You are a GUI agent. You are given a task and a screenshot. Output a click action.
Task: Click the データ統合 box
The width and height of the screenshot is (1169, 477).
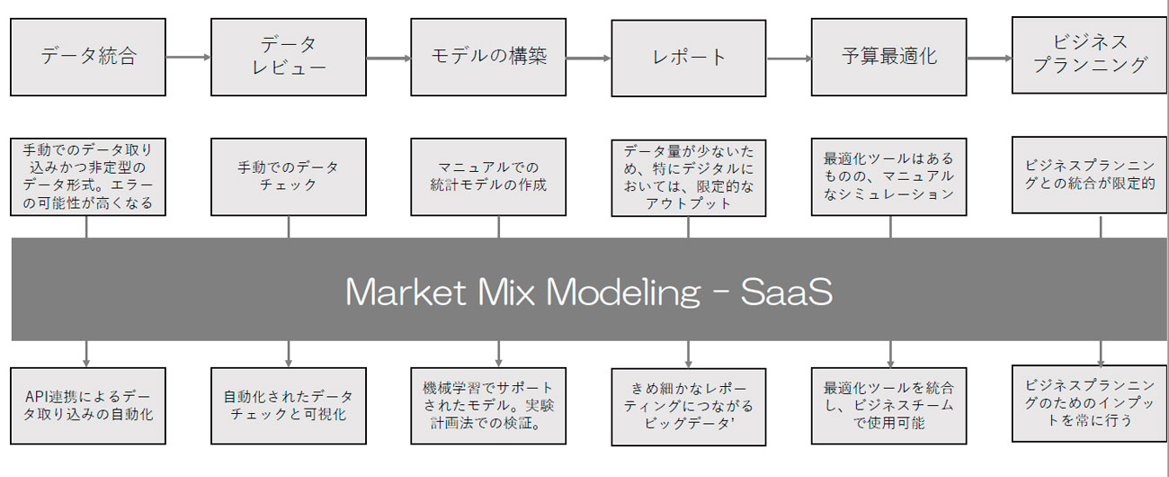pyautogui.click(x=88, y=57)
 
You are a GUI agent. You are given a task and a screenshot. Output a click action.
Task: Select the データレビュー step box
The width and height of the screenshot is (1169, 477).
pyautogui.click(x=289, y=57)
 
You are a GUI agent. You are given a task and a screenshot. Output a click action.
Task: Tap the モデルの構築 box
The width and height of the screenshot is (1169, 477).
pyautogui.click(x=488, y=57)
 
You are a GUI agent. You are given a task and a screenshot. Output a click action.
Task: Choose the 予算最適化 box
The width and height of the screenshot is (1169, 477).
pyautogui.click(x=889, y=57)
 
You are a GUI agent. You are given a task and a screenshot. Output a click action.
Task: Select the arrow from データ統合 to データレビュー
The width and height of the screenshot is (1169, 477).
pyautogui.click(x=188, y=57)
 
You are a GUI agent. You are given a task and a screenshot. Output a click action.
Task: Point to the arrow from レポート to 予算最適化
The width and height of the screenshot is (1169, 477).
pyautogui.click(x=788, y=58)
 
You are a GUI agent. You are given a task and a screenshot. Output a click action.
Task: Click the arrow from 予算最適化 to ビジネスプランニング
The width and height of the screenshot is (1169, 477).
pyautogui.click(x=989, y=58)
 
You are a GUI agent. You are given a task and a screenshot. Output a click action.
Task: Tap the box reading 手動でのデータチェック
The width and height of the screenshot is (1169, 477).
pyautogui.click(x=289, y=176)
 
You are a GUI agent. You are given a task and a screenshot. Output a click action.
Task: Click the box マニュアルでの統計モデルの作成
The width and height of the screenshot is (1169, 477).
pyautogui.click(x=488, y=176)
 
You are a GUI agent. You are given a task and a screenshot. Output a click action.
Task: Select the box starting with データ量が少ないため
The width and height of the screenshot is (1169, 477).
pyautogui.click(x=688, y=177)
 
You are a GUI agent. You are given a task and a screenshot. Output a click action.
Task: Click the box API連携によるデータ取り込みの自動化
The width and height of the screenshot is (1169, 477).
pyautogui.click(x=88, y=405)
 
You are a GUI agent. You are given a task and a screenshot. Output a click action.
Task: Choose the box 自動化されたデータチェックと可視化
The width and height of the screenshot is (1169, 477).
pyautogui.click(x=289, y=405)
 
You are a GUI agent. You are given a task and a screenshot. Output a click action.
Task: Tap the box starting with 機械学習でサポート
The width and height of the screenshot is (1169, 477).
pyautogui.click(x=488, y=405)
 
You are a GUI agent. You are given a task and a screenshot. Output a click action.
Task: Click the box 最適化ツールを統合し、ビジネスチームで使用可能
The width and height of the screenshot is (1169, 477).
pyautogui.click(x=889, y=405)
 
